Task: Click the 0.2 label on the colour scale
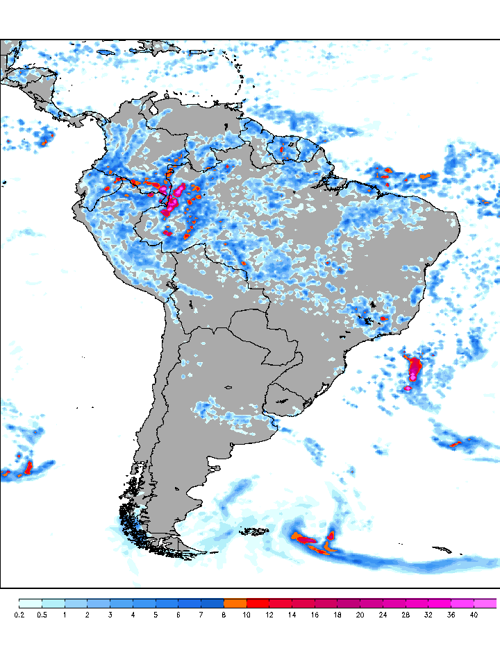[x=19, y=615]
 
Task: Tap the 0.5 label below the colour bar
[x=42, y=615]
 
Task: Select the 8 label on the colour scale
[x=224, y=615]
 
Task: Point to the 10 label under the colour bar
[x=247, y=615]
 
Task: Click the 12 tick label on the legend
[x=269, y=615]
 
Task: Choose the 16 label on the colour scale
[x=315, y=615]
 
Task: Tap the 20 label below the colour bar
[x=360, y=615]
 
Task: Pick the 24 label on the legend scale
[x=383, y=615]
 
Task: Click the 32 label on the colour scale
[x=428, y=615]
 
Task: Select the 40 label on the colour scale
[x=474, y=615]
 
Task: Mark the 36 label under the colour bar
[x=451, y=615]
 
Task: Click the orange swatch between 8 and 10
[x=235, y=603]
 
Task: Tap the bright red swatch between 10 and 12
[x=258, y=603]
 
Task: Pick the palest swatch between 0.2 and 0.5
[x=31, y=603]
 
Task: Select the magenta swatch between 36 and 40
[x=462, y=603]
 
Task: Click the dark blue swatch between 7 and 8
[x=212, y=603]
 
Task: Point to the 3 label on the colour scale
[x=110, y=615]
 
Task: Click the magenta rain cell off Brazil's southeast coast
[x=415, y=368]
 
